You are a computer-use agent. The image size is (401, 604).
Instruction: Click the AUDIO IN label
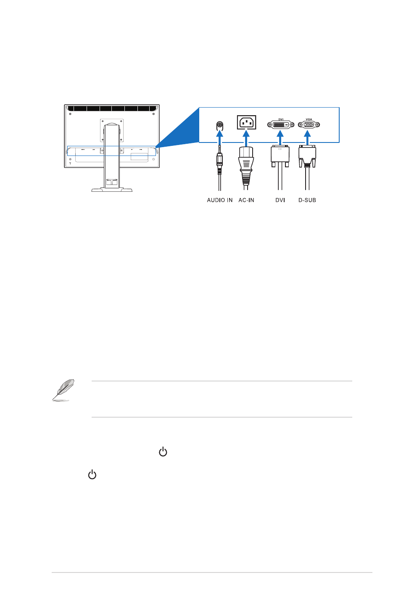(219, 200)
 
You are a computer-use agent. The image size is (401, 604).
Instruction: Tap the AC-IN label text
(246, 200)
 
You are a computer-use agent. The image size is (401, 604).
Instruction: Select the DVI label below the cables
(280, 200)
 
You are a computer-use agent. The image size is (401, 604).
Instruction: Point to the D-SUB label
(307, 200)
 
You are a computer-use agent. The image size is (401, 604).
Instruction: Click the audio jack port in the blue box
(220, 125)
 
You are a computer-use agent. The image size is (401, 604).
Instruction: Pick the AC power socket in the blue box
(246, 122)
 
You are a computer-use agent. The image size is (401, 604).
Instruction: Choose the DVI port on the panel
(280, 124)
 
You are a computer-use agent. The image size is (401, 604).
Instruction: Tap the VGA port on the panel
(309, 124)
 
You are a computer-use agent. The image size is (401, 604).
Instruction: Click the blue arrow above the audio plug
(220, 138)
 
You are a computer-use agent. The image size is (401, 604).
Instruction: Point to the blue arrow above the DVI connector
(280, 138)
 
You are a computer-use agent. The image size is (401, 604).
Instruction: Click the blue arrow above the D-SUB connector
(307, 138)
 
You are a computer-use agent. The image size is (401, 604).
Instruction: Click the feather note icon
(63, 390)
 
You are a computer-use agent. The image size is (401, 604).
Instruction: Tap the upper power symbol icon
(163, 451)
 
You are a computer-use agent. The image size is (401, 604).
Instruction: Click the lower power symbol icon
(92, 474)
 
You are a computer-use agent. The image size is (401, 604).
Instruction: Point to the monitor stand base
(112, 190)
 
